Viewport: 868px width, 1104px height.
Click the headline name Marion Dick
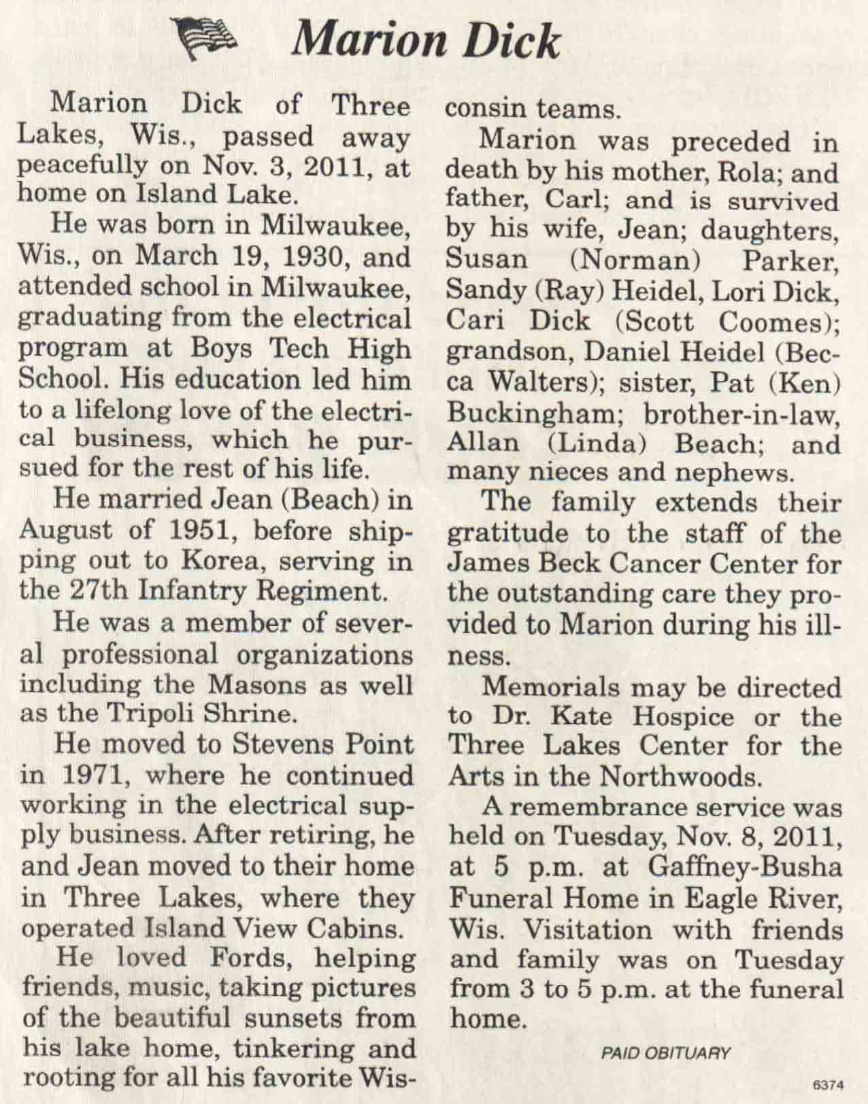point(424,41)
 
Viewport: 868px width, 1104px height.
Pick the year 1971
point(100,775)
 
